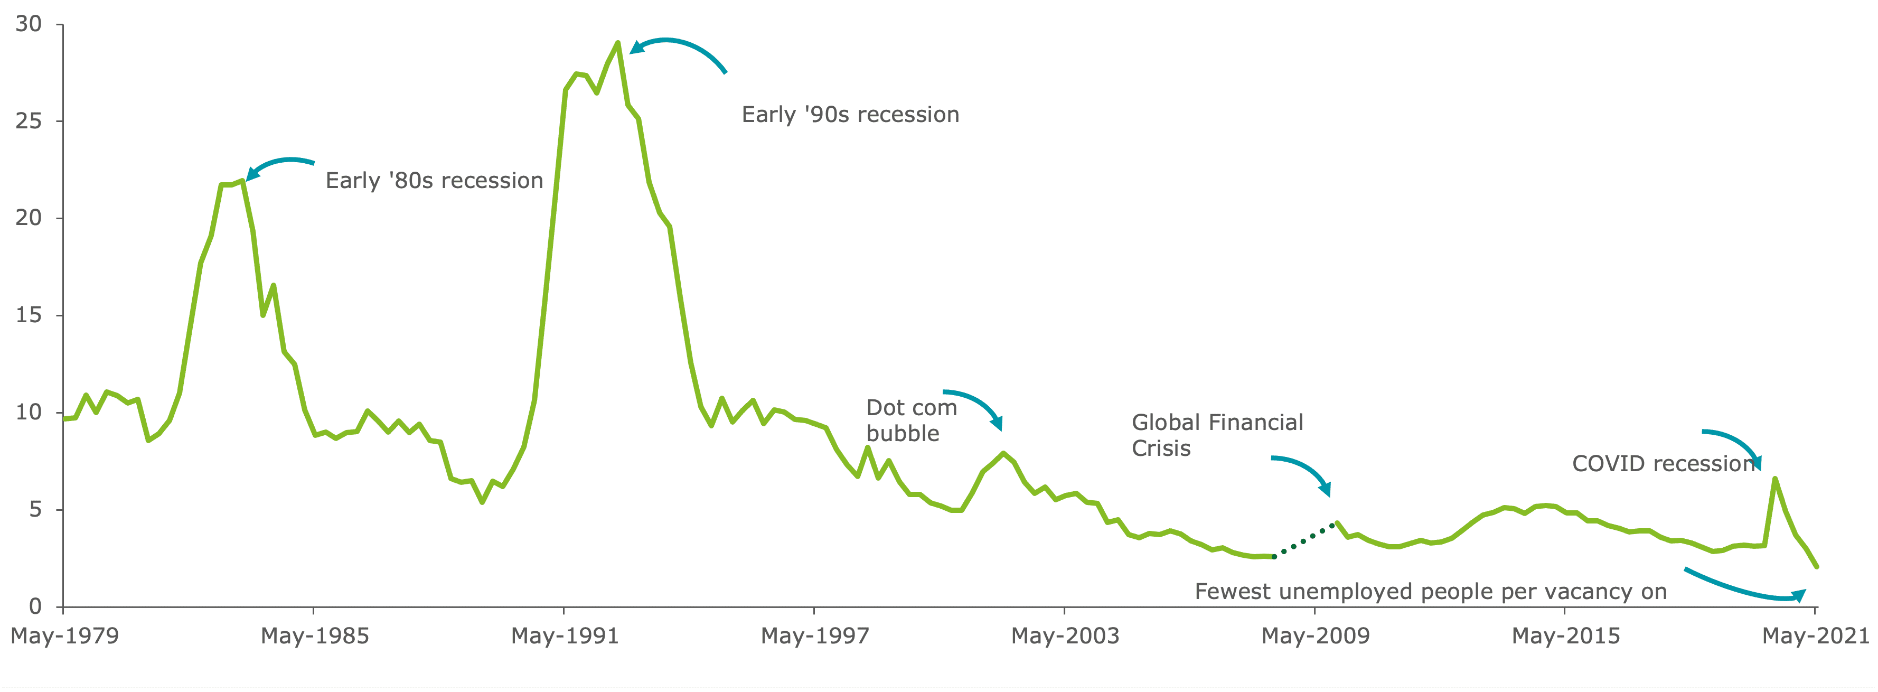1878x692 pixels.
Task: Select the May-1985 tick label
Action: coord(314,636)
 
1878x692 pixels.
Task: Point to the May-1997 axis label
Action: coord(814,636)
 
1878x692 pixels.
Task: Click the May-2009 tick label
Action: coord(1315,636)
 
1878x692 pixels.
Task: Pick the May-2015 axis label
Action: coord(1565,636)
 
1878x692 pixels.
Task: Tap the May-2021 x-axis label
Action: coord(1815,636)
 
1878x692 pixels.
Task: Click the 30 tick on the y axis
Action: coord(29,24)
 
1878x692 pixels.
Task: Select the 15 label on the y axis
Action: coord(29,315)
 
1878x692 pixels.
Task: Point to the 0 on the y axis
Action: coord(35,606)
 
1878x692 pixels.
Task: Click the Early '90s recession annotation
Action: coord(850,115)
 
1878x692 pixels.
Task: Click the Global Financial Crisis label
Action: coord(1217,435)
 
